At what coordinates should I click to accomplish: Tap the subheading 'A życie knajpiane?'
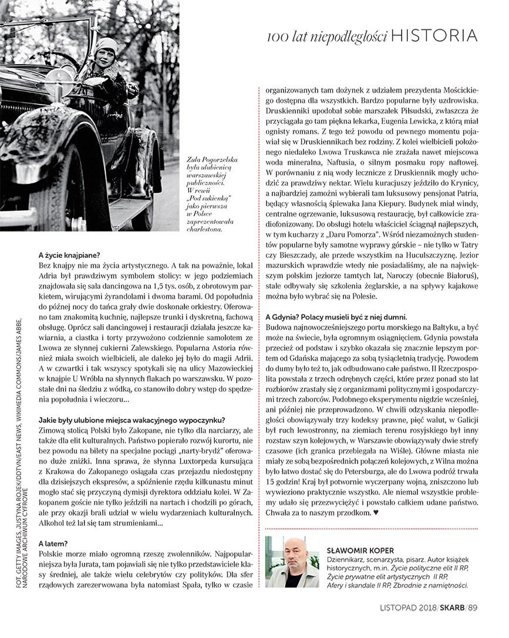pyautogui.click(x=69, y=255)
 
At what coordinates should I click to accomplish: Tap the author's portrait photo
pyautogui.click(x=292, y=562)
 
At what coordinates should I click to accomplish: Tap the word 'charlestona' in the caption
pyautogui.click(x=205, y=230)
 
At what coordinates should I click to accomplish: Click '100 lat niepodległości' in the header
pyautogui.click(x=326, y=38)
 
